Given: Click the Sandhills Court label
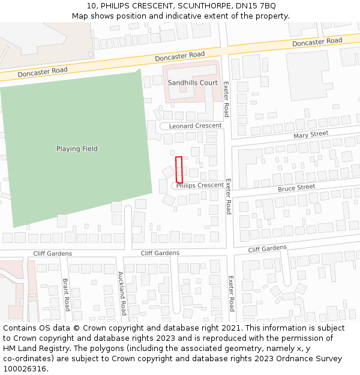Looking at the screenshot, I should click(x=193, y=83).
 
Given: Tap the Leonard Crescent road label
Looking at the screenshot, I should click(x=195, y=126).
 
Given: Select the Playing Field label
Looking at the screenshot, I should click(x=77, y=149).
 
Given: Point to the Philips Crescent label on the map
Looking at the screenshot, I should click(x=200, y=185).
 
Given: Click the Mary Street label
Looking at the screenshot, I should click(x=311, y=134).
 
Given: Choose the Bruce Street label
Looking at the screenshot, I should click(x=296, y=188).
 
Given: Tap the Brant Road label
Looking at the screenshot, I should click(x=67, y=294).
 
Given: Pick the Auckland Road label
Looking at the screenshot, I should click(x=122, y=293).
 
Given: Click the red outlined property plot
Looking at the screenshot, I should click(x=179, y=170).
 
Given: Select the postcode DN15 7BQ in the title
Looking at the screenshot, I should click(x=257, y=6).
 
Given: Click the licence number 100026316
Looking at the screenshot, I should click(x=24, y=369).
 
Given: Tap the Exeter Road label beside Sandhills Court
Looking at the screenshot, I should click(x=226, y=99).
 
